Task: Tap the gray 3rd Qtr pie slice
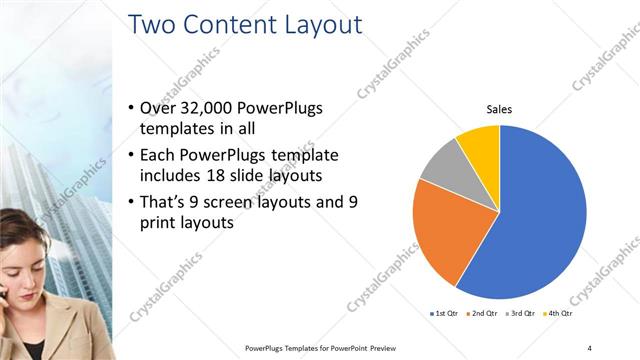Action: click(441, 164)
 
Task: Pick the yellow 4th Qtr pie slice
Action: click(479, 143)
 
